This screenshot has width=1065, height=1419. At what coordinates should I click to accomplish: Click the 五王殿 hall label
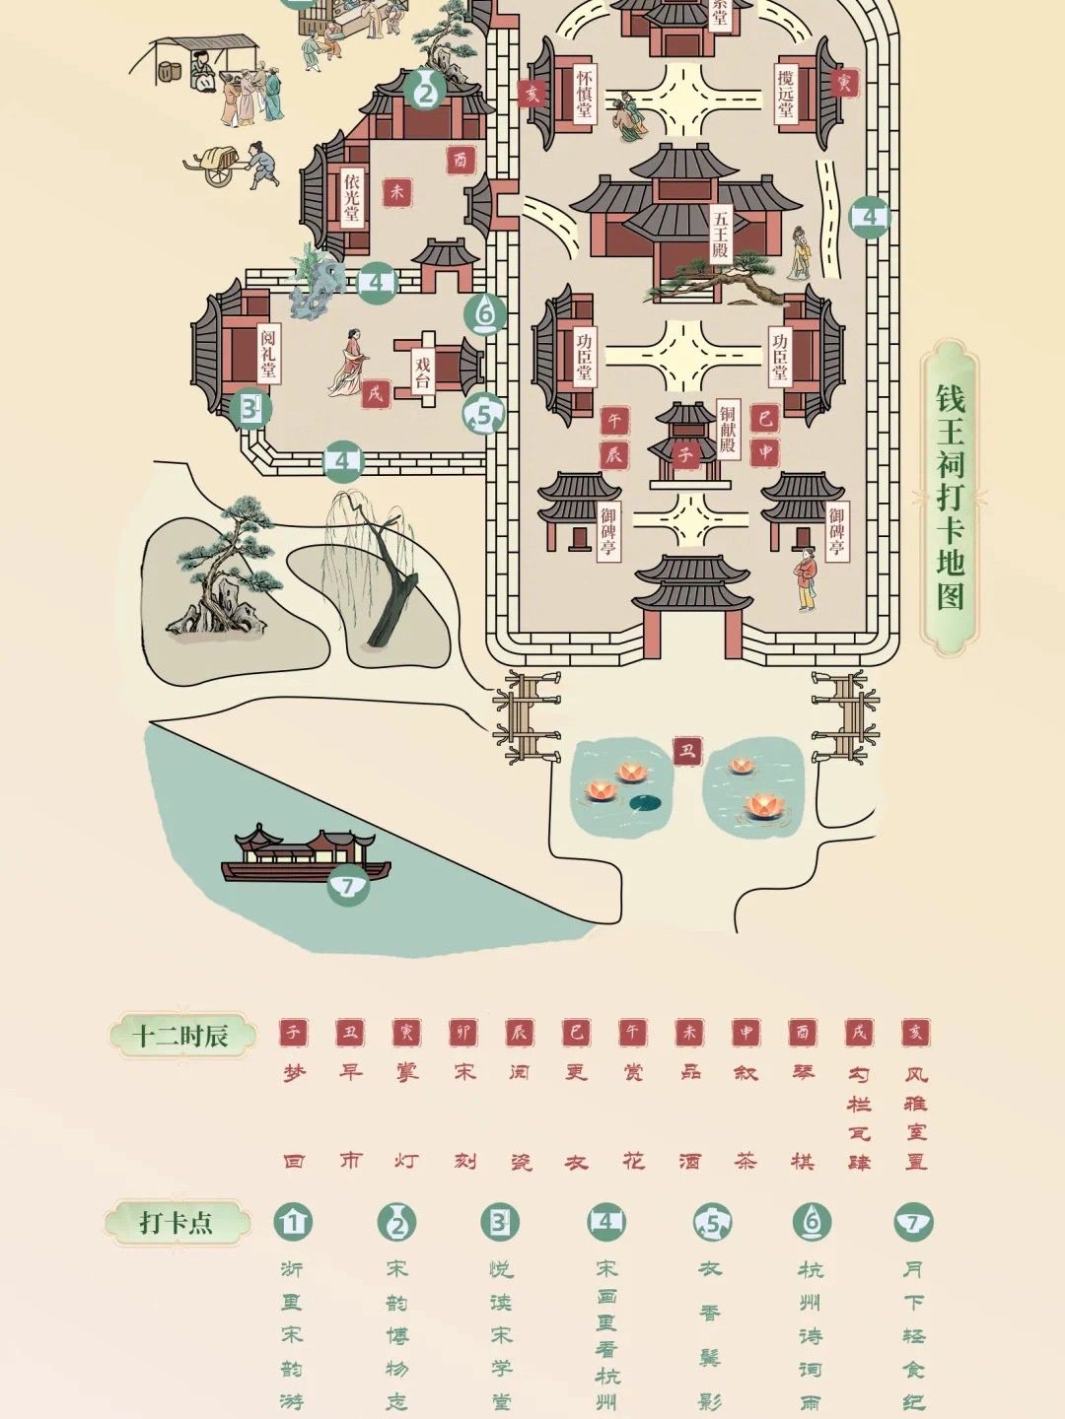point(721,234)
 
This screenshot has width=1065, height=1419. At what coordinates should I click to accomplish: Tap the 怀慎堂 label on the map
point(585,94)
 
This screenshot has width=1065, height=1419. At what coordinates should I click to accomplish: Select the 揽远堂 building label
point(786,94)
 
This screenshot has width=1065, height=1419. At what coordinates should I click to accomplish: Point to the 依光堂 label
point(352,197)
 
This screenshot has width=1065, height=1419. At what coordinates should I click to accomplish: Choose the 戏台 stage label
point(423,372)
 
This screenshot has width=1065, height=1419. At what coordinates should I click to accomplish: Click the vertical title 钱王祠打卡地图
point(950,498)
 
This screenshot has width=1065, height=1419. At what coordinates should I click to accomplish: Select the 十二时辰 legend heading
point(181,1036)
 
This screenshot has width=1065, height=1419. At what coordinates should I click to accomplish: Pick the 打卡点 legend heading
point(176,1222)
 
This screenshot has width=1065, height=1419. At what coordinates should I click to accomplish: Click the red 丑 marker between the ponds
point(687,751)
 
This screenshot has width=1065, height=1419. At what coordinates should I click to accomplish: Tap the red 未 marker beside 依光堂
point(397,192)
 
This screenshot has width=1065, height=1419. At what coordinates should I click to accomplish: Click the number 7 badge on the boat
point(347,885)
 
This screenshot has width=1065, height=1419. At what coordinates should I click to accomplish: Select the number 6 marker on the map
point(485,314)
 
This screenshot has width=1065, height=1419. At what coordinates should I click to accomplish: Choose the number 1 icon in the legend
point(292,1222)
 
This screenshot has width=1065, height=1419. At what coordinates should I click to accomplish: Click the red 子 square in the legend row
point(293,1032)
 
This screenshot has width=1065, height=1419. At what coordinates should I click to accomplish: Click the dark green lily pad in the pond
point(643,801)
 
